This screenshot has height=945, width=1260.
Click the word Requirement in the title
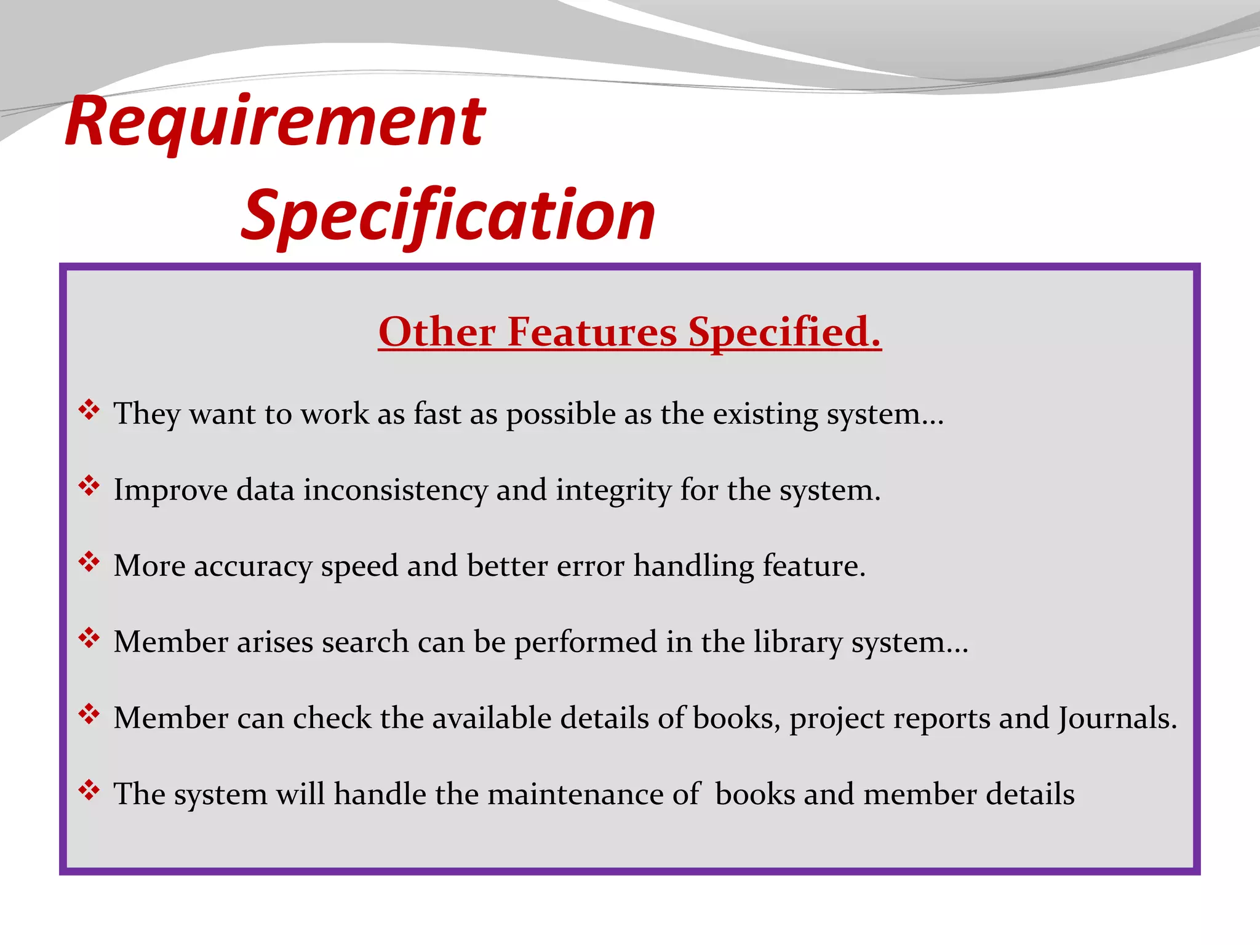coord(275,123)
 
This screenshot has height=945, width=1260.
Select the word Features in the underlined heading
coord(592,332)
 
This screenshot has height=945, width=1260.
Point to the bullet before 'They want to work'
coord(89,410)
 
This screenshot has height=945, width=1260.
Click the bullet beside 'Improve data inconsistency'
coord(89,486)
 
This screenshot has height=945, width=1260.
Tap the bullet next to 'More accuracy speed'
coord(89,562)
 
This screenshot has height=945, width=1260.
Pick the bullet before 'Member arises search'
coord(89,638)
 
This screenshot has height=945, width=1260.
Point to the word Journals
coord(1117,719)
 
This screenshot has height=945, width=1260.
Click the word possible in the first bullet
coord(560,415)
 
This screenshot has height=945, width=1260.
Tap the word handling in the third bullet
coord(693,567)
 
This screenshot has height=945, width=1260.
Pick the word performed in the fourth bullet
coord(586,643)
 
